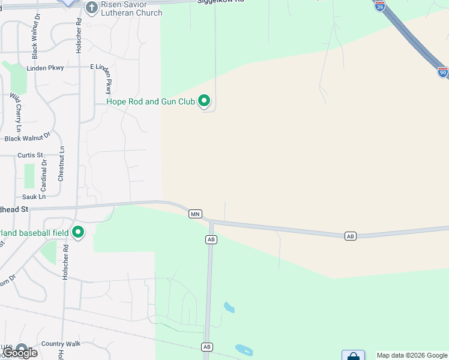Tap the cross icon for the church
tap(92, 8)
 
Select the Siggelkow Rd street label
tap(221, 2)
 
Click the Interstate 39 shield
tap(379, 6)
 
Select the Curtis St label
tap(30, 155)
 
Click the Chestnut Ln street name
tap(61, 164)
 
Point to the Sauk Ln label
tap(34, 197)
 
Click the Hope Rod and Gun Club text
tap(151, 101)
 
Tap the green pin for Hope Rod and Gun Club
tap(205, 101)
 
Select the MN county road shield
tap(195, 214)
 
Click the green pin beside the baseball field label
tap(77, 232)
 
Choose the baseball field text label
tap(35, 232)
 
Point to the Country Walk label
tap(60, 344)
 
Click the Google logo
tap(20, 353)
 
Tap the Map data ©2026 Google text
tap(412, 355)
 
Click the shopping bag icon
tap(353, 356)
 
